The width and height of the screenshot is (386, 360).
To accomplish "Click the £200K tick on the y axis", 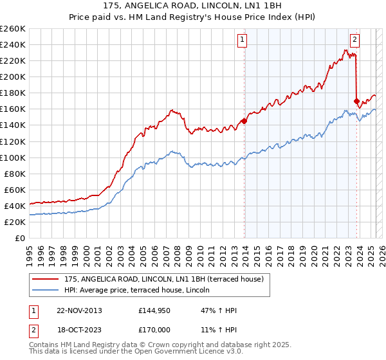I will pyautogui.click(x=12, y=76).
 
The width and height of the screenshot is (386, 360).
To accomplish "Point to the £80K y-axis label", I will pyautogui.click(x=14, y=174).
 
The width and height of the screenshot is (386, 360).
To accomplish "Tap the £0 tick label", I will pyautogui.click(x=19, y=238).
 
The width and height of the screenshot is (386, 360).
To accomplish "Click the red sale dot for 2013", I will pyautogui.click(x=244, y=121).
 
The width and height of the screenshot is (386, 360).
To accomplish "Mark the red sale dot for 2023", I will pyautogui.click(x=356, y=101).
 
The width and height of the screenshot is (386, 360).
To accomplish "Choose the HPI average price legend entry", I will pyautogui.click(x=142, y=291).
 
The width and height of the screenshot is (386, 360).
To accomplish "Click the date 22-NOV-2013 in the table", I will pyautogui.click(x=79, y=310).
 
